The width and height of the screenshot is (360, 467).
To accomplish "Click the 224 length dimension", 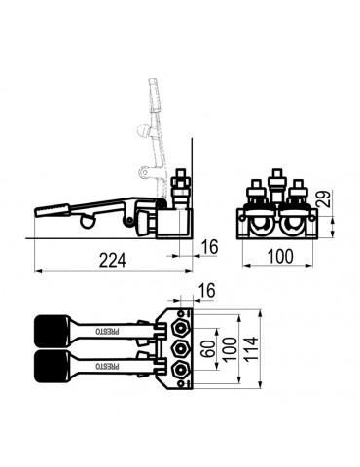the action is tap(112, 260).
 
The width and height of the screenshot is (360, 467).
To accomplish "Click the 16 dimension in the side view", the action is tap(209, 247).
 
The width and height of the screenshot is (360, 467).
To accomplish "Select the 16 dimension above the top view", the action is tap(206, 290).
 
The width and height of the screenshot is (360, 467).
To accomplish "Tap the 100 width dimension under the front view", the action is tap(280, 256).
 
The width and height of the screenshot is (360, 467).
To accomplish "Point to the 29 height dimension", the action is tap(324, 198).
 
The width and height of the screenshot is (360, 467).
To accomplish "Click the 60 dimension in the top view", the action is tap(210, 348).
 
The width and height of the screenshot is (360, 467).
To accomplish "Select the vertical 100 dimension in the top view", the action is tap(230, 349).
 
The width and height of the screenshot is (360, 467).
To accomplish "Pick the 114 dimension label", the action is tap(250, 349).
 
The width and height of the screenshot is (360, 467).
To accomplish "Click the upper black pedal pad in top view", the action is tap(52, 331).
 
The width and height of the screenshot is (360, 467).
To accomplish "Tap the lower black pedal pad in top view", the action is tap(52, 366).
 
